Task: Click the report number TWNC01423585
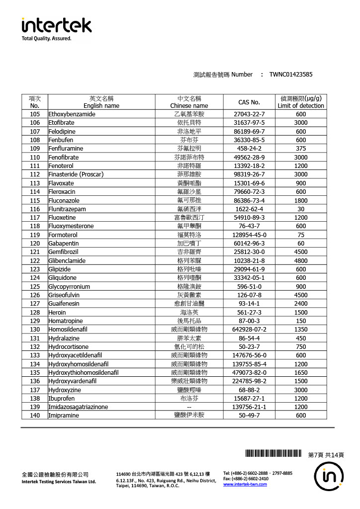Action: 291,75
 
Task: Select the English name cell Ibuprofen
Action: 62,398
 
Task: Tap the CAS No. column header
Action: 249,102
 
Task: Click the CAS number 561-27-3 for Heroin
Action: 249,312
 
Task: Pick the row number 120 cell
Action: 35,244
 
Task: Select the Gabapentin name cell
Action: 64,244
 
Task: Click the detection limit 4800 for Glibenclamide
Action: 300,260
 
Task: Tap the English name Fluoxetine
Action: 62,218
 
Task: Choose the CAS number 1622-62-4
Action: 249,209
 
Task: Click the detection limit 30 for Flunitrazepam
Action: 300,209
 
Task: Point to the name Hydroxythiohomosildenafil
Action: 84,372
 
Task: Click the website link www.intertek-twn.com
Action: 245,484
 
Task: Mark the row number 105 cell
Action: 35,114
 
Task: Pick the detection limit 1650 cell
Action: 300,372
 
